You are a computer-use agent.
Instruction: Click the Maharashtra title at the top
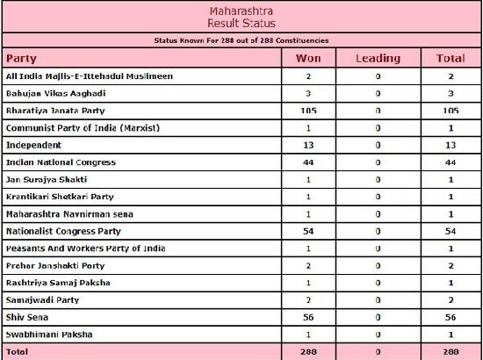pos(241,8)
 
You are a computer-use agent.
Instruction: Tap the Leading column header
pos(377,59)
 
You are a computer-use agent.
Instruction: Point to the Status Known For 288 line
pos(241,40)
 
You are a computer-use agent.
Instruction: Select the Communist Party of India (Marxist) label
pos(80,128)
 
